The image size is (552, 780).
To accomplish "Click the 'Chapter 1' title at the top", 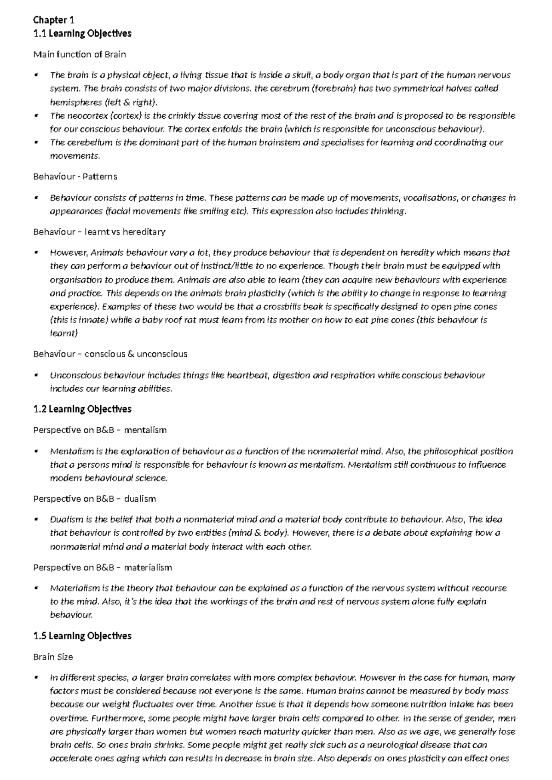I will pyautogui.click(x=53, y=20).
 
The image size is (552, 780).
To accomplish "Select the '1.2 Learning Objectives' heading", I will pyautogui.click(x=82, y=409).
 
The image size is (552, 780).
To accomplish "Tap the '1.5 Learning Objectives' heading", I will pyautogui.click(x=82, y=636).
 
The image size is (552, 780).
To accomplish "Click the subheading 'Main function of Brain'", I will pyautogui.click(x=79, y=54).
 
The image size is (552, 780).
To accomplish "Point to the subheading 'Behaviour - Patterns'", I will pyautogui.click(x=75, y=177).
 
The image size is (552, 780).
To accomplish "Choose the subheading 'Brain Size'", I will pyautogui.click(x=53, y=657).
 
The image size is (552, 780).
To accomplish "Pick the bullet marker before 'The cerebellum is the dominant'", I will pyautogui.click(x=36, y=143).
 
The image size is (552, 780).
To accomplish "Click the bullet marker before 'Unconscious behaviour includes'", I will pyautogui.click(x=36, y=375).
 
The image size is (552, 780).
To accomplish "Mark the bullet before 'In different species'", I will pyautogui.click(x=36, y=678).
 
